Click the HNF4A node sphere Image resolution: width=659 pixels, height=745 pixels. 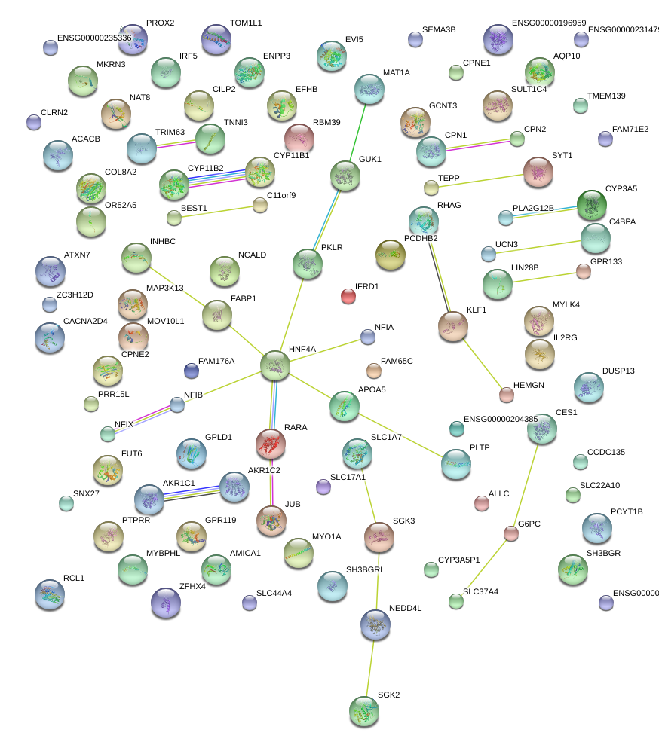click(275, 365)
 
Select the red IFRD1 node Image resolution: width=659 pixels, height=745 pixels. click(348, 296)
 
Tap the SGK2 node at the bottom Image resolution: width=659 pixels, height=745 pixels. click(364, 711)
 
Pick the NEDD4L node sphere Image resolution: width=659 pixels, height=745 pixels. click(375, 623)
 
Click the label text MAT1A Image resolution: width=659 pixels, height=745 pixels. click(396, 73)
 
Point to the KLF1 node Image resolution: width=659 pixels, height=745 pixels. click(452, 326)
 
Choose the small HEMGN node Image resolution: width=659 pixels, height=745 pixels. click(506, 395)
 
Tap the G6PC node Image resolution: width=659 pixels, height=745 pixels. click(511, 533)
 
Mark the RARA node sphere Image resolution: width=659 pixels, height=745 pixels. click(271, 444)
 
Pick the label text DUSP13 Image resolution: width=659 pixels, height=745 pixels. click(618, 371)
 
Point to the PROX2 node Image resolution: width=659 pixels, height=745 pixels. click(133, 39)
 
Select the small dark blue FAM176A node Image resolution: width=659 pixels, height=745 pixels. click(192, 370)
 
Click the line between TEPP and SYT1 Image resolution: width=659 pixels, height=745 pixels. click(477, 181)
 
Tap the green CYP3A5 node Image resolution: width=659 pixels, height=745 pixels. click(591, 204)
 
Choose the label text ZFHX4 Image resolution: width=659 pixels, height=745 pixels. click(192, 585)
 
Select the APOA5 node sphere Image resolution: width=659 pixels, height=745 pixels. click(345, 406)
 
